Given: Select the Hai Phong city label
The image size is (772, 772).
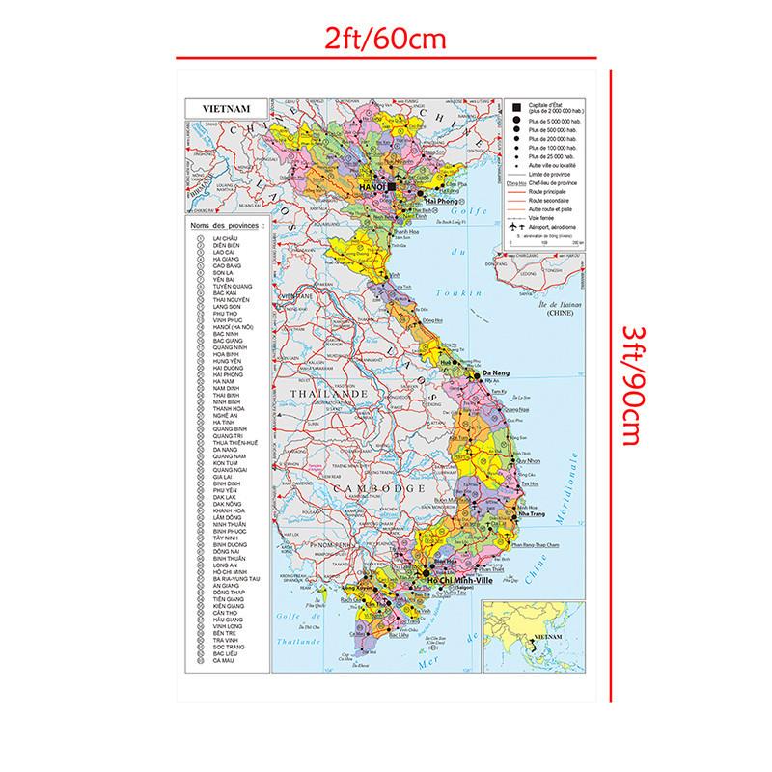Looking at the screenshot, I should click(428, 200).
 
